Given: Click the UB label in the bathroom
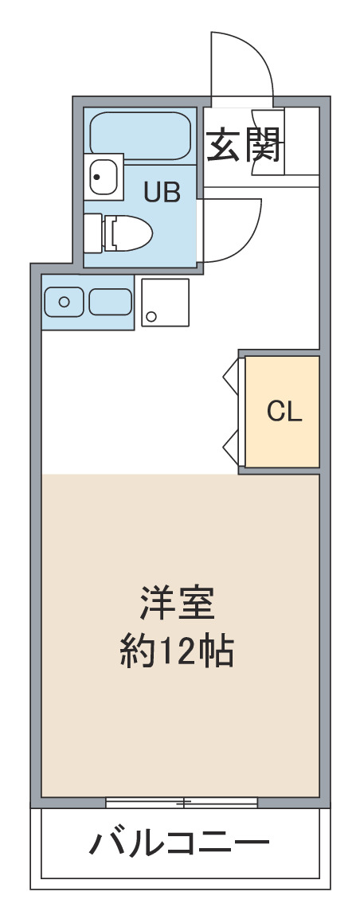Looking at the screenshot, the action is pos(162,192).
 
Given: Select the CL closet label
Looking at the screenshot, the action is pos(284,412).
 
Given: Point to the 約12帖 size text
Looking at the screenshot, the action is pos(177,651).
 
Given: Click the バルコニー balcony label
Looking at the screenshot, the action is pos(179,844).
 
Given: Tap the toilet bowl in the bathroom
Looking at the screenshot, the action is pos(128,233).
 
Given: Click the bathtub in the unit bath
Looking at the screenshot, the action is pos(141,135).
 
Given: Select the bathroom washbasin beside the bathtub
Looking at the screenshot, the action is pos(104,174).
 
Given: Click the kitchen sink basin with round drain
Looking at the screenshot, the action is pos(64,302).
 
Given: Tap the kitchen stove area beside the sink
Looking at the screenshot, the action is pos(110,302).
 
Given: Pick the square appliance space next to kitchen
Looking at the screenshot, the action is pos(166,303).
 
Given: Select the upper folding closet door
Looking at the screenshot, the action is pos(231,376).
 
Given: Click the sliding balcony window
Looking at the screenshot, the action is pos(182,803).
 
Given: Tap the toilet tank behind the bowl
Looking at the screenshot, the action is pos(93,233).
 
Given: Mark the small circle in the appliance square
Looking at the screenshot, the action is pos(151,317).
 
